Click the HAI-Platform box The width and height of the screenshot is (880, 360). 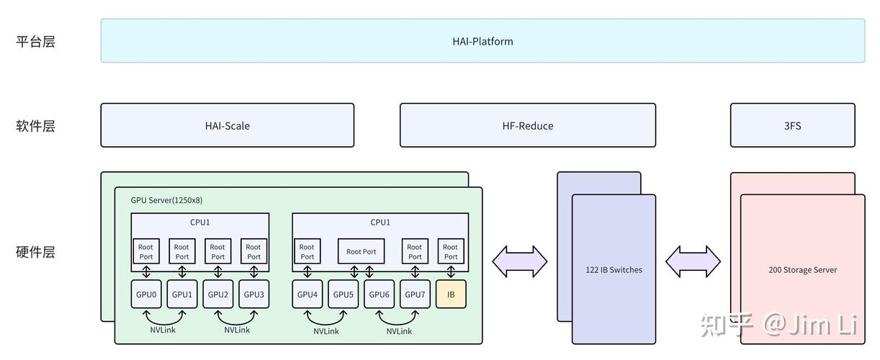(x=482, y=41)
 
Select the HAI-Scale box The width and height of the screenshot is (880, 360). (x=227, y=126)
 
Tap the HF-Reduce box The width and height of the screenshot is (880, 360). (x=528, y=126)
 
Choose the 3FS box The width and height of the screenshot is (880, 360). (x=792, y=126)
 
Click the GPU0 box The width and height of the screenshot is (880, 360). (x=146, y=294)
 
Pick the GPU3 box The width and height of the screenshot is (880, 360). (x=254, y=294)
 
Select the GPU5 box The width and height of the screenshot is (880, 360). (x=344, y=294)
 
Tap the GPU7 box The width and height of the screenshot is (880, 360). (x=415, y=294)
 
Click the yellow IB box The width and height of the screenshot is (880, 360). (x=451, y=294)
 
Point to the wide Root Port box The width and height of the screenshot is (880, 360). (x=361, y=251)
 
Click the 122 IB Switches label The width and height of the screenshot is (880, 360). (x=614, y=270)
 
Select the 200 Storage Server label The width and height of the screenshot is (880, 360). (x=802, y=270)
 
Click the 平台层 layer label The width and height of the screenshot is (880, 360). (x=35, y=41)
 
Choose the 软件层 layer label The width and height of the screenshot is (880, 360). (x=35, y=126)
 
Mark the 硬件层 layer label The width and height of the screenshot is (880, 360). (x=35, y=252)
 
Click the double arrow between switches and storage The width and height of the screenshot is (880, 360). (x=693, y=261)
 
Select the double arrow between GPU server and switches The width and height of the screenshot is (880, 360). (x=520, y=261)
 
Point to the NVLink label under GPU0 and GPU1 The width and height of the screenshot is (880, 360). (x=163, y=330)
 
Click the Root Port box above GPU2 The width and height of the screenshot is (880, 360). (x=217, y=251)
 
